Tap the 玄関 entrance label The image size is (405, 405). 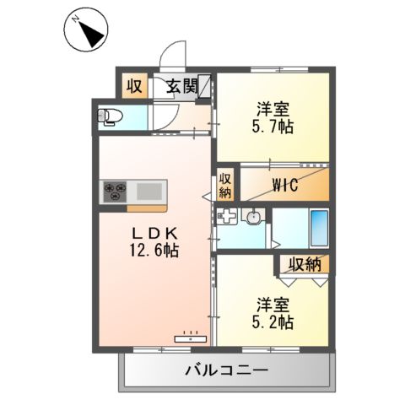(181, 86)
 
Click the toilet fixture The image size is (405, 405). (112, 118)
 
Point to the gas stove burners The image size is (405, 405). (114, 192)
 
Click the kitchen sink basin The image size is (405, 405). (149, 192)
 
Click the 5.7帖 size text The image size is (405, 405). (273, 128)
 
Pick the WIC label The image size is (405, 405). (283, 187)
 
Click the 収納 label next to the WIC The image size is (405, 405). (225, 186)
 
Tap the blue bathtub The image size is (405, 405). (318, 229)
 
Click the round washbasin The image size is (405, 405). (252, 219)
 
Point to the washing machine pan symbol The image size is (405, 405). (227, 218)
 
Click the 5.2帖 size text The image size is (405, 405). (273, 321)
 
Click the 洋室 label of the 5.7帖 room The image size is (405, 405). (273, 110)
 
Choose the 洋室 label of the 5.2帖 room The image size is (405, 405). (273, 303)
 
